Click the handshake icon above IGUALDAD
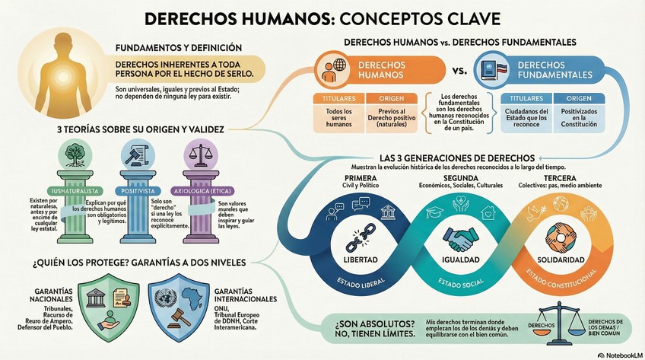(458, 240)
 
